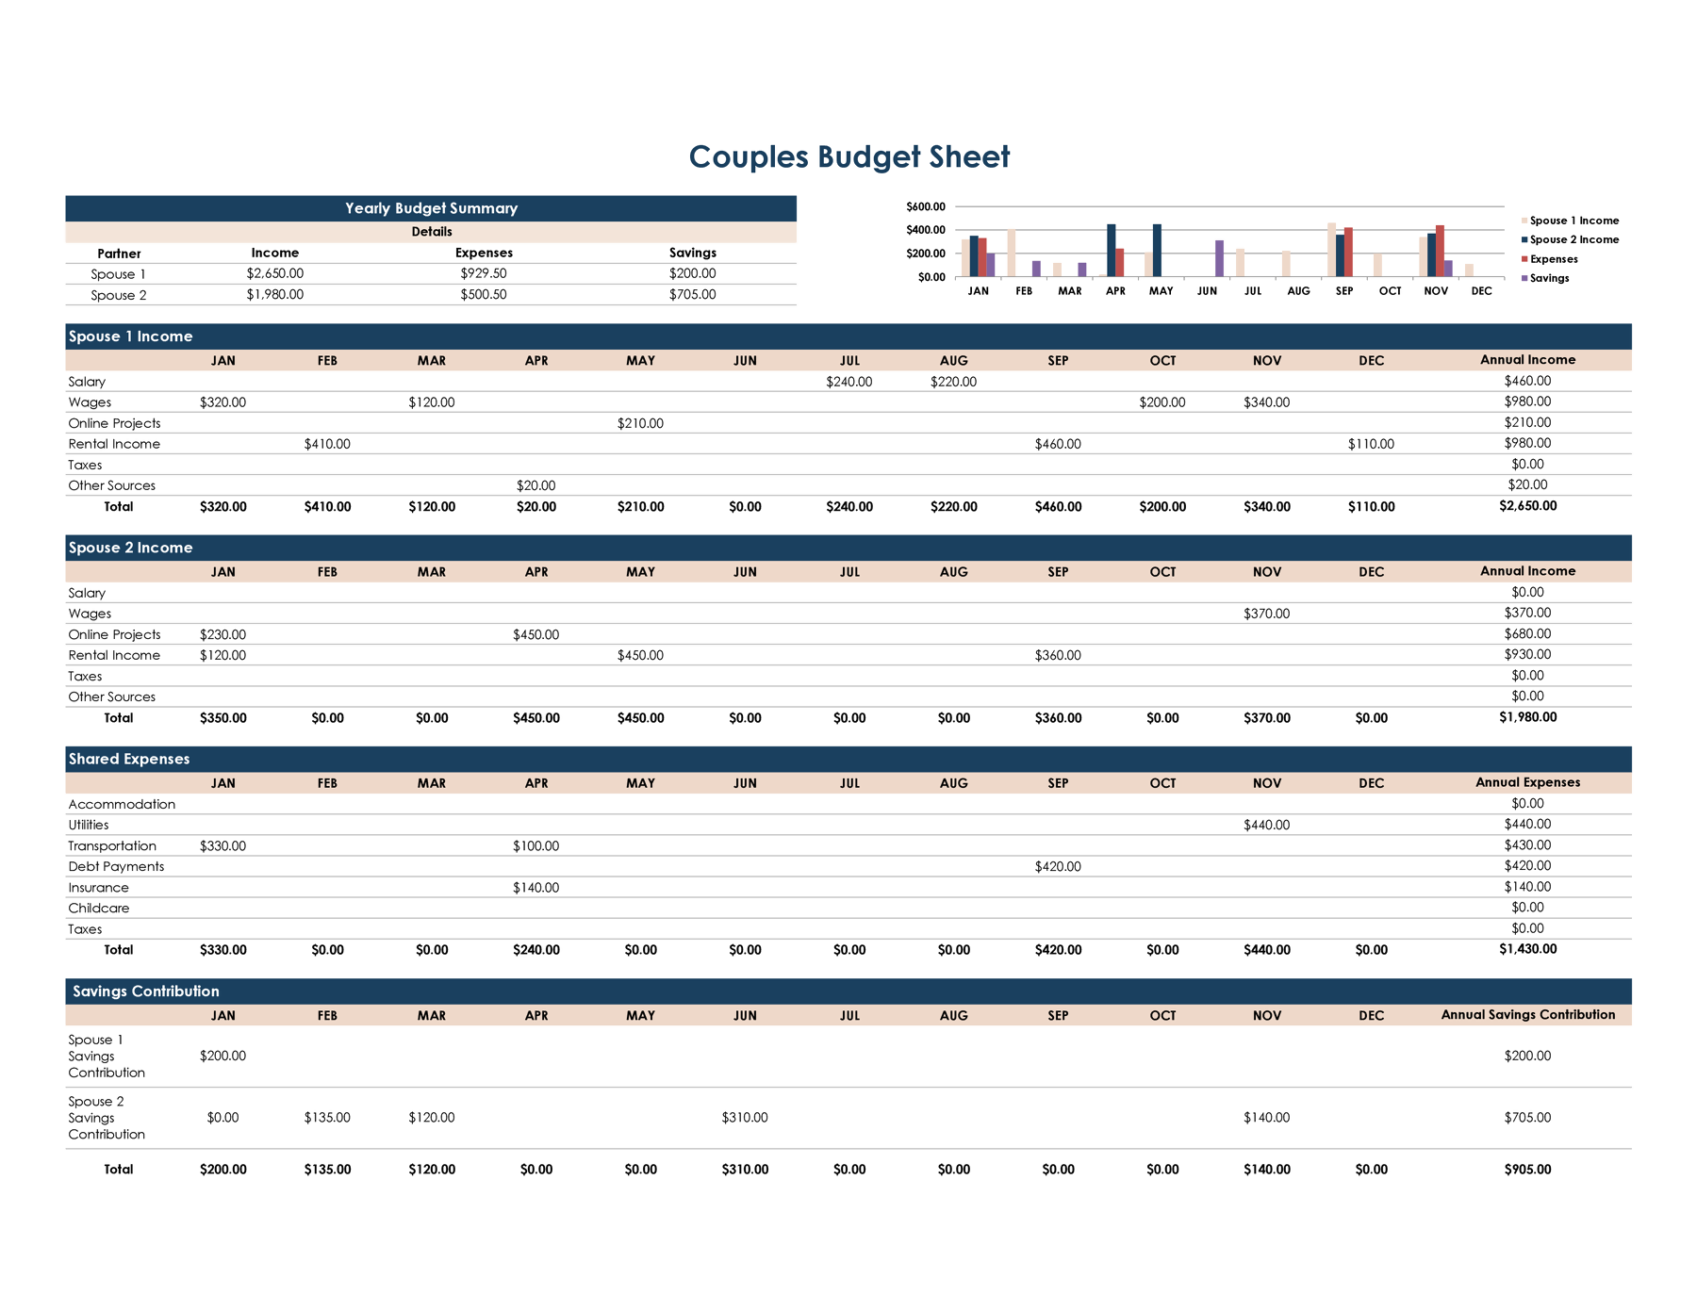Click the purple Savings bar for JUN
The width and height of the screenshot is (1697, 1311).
[1219, 259]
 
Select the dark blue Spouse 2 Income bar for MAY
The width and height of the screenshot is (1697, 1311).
[1157, 251]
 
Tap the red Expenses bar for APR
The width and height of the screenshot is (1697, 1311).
[1120, 263]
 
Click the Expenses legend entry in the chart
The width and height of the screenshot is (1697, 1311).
[1553, 259]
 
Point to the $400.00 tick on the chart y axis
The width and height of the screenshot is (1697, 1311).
[925, 230]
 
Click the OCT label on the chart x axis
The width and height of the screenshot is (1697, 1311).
[1390, 291]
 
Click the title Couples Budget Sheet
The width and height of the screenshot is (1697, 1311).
[848, 156]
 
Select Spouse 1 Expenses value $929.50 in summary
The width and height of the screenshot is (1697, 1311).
[484, 273]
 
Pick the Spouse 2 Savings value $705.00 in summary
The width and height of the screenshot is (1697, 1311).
[692, 294]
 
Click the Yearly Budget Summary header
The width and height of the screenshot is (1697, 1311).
[431, 208]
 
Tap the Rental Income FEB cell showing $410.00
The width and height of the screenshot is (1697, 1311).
[327, 444]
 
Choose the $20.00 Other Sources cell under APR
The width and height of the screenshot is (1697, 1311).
[535, 485]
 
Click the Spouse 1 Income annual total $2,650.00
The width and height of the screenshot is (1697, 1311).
[1527, 506]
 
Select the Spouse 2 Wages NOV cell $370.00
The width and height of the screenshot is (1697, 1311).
[1266, 614]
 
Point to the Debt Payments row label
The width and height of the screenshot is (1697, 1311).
[116, 866]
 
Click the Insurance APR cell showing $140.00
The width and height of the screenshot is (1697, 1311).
[535, 887]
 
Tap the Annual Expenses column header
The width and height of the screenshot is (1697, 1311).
[1527, 782]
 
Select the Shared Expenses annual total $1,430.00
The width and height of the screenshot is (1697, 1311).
[1527, 949]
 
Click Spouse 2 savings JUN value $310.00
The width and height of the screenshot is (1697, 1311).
[745, 1118]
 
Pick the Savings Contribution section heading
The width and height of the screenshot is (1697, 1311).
[146, 991]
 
